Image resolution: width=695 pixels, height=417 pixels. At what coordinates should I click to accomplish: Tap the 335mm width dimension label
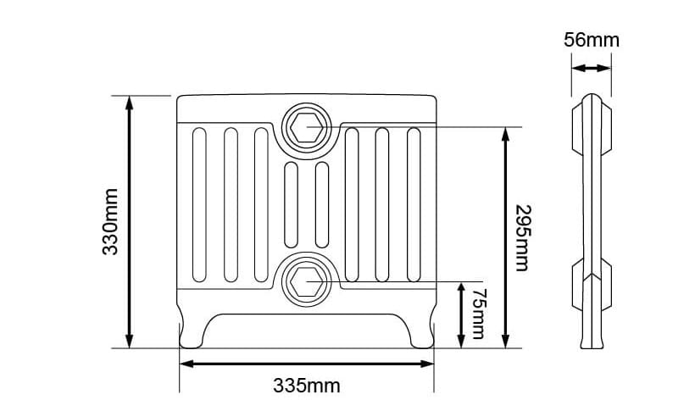(x=307, y=386)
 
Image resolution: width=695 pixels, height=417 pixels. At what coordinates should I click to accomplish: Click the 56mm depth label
(x=592, y=40)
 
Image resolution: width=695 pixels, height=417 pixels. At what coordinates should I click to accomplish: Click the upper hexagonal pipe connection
(x=306, y=128)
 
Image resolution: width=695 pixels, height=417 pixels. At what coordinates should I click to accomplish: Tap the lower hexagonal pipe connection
(x=306, y=277)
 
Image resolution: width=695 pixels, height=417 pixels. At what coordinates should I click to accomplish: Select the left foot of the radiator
(x=192, y=332)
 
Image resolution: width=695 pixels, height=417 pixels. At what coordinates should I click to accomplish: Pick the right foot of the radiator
(x=421, y=332)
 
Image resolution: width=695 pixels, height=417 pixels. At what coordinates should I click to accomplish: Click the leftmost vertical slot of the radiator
(x=199, y=205)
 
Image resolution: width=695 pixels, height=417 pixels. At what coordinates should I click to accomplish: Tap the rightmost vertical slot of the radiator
(x=414, y=205)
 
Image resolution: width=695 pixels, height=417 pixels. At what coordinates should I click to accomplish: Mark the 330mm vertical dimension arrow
(x=130, y=222)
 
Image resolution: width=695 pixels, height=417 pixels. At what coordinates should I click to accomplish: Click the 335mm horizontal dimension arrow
(x=307, y=364)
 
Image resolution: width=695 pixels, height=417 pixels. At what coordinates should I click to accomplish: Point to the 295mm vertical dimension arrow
(x=506, y=237)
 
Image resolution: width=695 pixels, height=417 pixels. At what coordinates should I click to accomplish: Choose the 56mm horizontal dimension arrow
(x=592, y=69)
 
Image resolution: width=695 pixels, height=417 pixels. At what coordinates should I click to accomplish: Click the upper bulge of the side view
(x=592, y=125)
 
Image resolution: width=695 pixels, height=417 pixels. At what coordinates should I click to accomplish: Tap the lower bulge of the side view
(x=592, y=275)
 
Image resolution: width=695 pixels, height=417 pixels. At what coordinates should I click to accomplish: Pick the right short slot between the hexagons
(x=321, y=203)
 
